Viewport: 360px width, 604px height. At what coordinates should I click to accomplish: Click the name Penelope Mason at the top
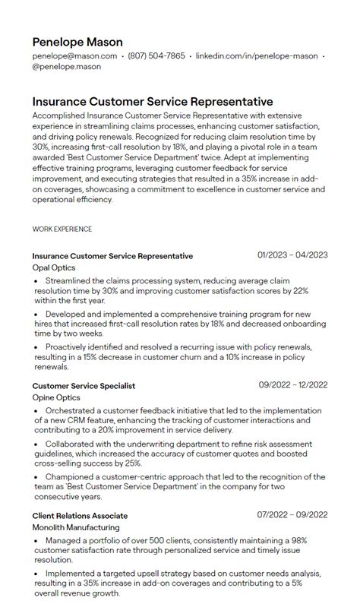point(77,42)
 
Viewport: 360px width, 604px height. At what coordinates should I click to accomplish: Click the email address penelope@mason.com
point(74,56)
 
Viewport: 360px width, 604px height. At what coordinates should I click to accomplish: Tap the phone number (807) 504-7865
point(156,56)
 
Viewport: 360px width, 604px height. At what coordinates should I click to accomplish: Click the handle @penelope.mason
point(67,67)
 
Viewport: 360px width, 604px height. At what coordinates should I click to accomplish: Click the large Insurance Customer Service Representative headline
point(153,101)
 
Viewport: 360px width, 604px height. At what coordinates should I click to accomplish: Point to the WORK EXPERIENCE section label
point(62,229)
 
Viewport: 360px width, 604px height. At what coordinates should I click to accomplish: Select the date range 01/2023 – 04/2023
point(292,255)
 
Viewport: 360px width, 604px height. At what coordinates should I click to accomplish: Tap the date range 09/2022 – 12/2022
point(293,385)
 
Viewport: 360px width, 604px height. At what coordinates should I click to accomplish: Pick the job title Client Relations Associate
point(80,516)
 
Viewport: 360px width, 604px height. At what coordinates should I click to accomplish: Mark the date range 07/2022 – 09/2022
point(292,515)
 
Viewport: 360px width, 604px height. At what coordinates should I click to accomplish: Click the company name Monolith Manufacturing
point(76,527)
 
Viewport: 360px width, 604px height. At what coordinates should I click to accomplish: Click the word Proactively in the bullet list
point(69,346)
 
